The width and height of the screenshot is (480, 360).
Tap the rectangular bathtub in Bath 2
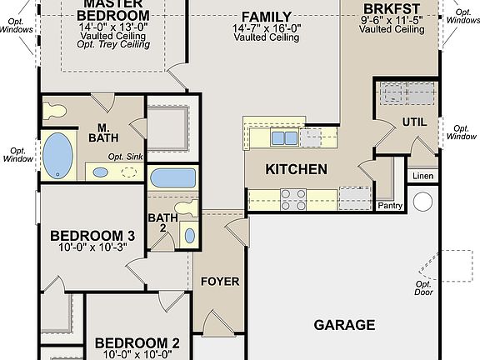(x=173, y=177)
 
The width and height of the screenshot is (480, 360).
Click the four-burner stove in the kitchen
(x=292, y=198)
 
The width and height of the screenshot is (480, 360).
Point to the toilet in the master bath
(x=56, y=110)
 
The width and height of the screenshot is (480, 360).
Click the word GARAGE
(x=343, y=325)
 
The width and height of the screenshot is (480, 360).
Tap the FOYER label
(x=220, y=282)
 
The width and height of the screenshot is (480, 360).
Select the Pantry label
(x=390, y=205)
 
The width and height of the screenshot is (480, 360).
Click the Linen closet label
(x=422, y=177)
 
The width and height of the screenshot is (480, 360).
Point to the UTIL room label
(x=414, y=122)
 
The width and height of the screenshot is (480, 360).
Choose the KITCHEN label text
(x=296, y=169)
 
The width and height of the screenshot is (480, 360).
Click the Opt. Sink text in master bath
(x=126, y=157)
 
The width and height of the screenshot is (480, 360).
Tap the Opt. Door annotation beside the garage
(x=423, y=288)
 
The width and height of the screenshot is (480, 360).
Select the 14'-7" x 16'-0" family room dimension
(x=267, y=27)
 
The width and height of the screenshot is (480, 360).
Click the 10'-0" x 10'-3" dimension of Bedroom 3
(x=92, y=247)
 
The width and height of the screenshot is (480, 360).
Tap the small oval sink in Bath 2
(x=188, y=235)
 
